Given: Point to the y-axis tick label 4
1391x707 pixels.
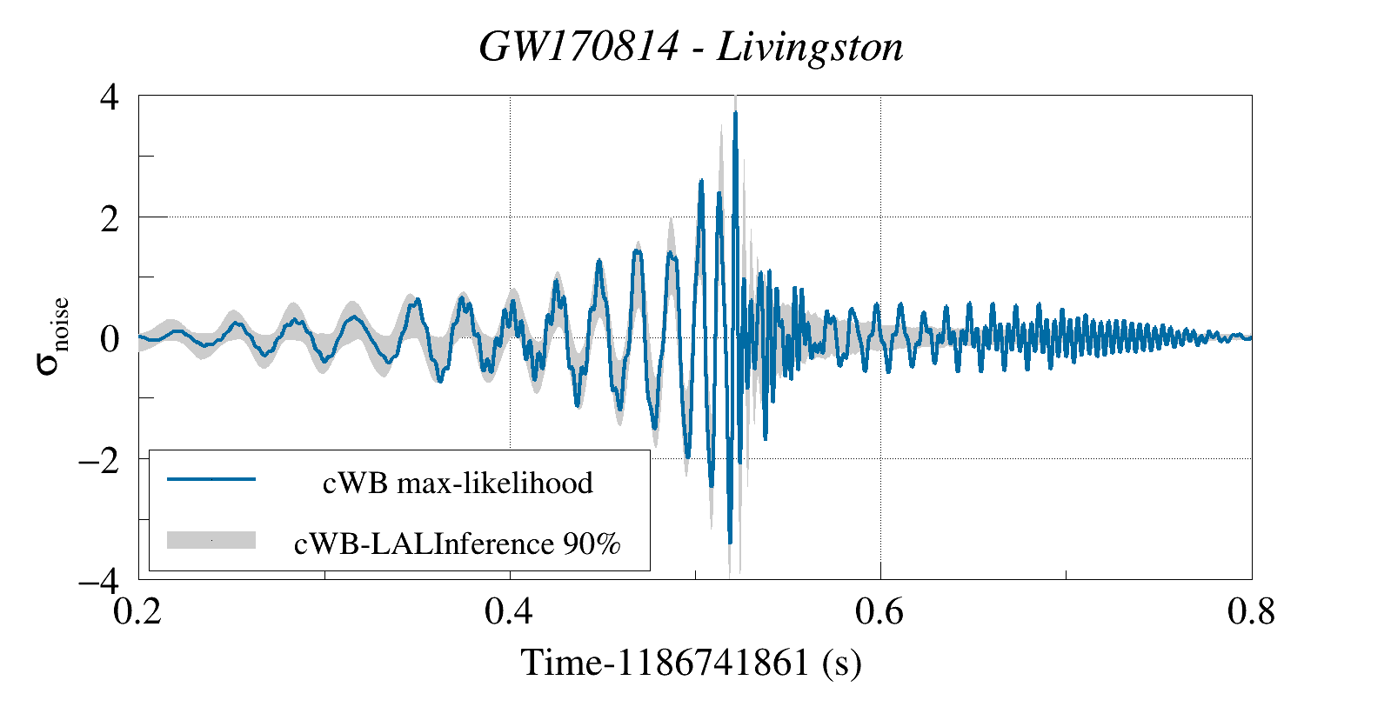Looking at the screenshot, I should point(110,97).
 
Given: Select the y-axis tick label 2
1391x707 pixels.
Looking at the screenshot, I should point(110,218).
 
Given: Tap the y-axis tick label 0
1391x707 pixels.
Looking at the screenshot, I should point(110,339).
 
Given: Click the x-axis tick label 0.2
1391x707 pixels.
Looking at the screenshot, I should point(137,612).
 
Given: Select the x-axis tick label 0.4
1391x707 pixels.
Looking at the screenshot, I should point(509,612).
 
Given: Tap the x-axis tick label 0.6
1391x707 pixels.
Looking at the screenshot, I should point(879,612).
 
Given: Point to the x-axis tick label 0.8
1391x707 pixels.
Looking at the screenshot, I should point(1251,612).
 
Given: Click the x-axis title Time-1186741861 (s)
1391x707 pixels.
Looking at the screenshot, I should point(691,664).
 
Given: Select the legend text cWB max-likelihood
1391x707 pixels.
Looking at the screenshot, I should point(458,483).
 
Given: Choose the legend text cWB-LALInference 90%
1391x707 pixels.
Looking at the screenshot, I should point(458,544).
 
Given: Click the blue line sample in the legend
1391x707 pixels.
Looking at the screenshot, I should point(211,479).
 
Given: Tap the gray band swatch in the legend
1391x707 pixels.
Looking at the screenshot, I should point(211,540).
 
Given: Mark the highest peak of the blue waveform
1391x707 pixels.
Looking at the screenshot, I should point(735,113).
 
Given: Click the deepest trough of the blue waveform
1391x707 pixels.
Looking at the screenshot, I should point(730,543).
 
